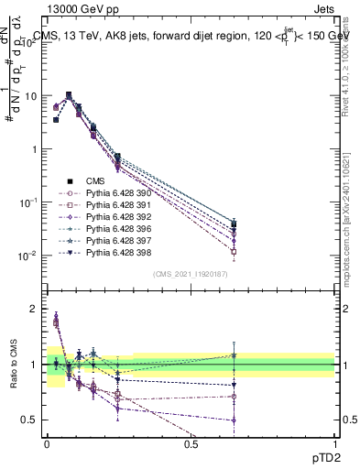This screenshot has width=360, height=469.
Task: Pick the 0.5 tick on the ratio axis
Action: point(30,420)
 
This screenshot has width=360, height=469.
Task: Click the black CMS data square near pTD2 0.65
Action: point(234,224)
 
